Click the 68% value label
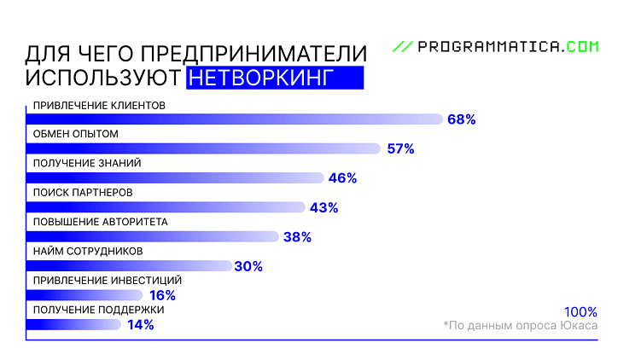(461, 119)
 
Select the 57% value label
(399, 148)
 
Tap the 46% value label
(342, 178)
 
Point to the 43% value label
(323, 207)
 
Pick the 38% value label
(297, 237)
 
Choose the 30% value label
(248, 266)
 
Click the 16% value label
(162, 295)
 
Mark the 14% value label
(140, 324)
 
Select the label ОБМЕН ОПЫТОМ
(75, 135)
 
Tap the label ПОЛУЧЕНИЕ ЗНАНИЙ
(86, 164)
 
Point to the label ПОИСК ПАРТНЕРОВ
(83, 193)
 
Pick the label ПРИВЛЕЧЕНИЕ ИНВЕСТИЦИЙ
(107, 280)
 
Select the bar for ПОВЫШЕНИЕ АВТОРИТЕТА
(154, 236)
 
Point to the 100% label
(580, 311)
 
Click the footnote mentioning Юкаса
(521, 326)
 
